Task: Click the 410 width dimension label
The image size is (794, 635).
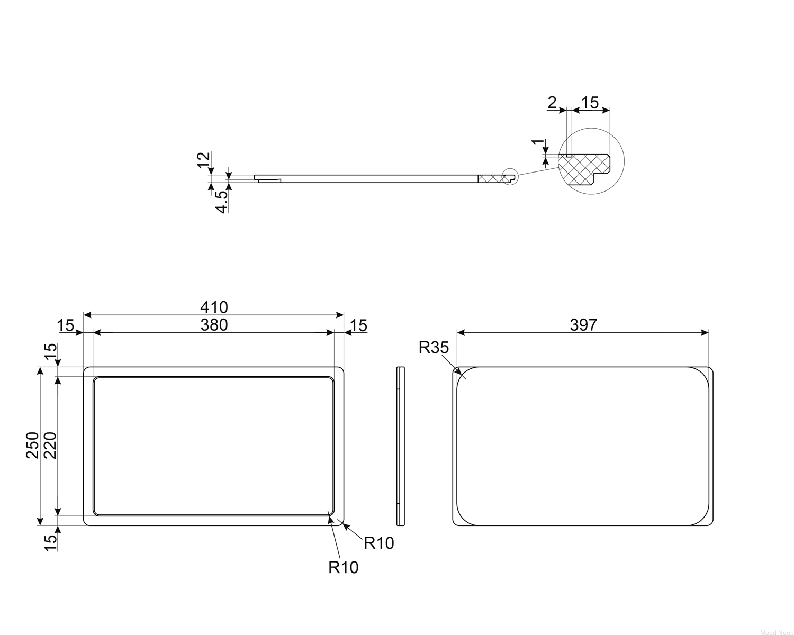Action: point(214,307)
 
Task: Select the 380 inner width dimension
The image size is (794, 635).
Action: point(214,325)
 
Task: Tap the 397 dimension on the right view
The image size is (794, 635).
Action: point(583,325)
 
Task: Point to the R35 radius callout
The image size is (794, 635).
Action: point(434,347)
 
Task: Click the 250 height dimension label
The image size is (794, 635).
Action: point(32,445)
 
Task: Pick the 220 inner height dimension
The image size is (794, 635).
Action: point(50,445)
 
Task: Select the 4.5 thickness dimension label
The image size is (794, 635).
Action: point(222,202)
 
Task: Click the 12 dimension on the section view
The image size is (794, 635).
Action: point(203,160)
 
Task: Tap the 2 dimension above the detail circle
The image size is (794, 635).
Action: point(552,102)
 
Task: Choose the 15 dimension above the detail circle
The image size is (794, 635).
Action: point(590,102)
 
